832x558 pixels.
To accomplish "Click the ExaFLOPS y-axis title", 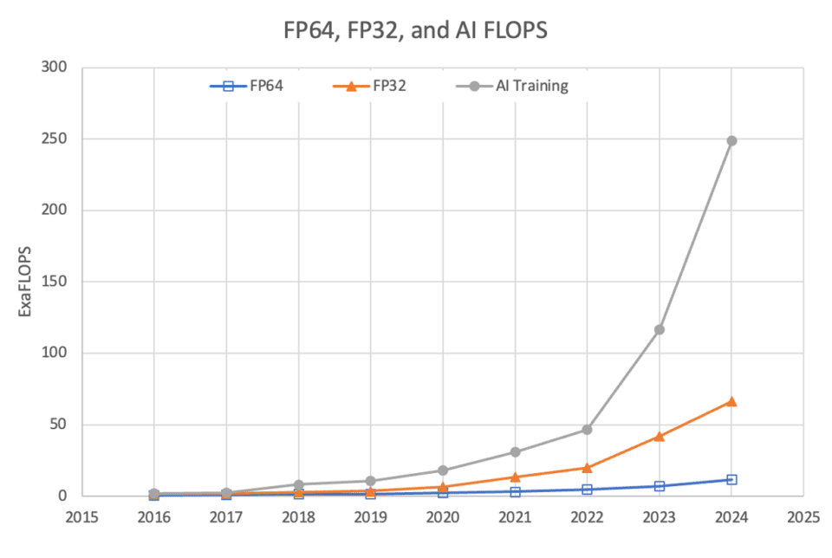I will click(x=26, y=282).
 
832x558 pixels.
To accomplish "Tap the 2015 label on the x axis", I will click(x=81, y=518).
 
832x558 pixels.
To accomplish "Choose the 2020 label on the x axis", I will click(x=443, y=518).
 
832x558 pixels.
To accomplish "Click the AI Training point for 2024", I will click(x=731, y=140).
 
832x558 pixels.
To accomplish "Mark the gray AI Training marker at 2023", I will click(x=660, y=329).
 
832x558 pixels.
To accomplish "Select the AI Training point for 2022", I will click(x=587, y=430).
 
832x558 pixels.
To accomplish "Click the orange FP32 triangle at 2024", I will click(x=731, y=401).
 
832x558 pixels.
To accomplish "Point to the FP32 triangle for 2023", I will click(x=660, y=436).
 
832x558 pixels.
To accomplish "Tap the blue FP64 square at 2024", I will click(x=731, y=479).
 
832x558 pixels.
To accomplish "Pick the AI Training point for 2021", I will click(x=515, y=451).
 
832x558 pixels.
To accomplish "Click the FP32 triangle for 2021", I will click(x=515, y=477).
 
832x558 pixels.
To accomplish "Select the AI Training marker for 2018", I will click(x=298, y=484).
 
